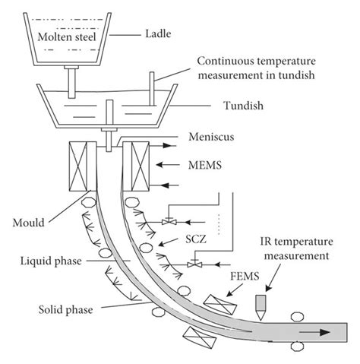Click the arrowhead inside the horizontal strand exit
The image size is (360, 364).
[324, 332]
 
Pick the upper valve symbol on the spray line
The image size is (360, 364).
[167, 221]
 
